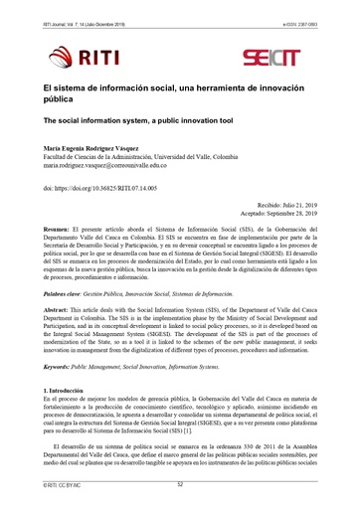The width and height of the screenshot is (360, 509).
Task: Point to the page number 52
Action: point(180,483)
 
